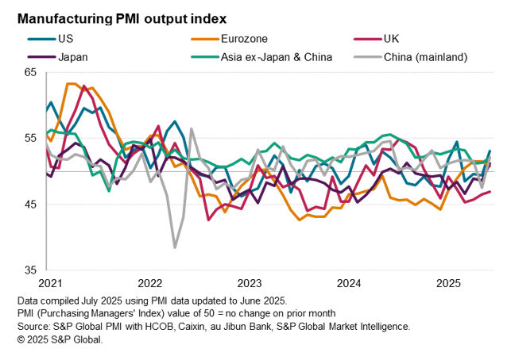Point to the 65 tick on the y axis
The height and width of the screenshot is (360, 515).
(x=31, y=72)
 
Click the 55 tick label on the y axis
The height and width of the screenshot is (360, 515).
(x=31, y=139)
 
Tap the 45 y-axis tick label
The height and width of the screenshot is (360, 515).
(x=31, y=205)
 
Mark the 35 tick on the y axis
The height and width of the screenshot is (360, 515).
(x=31, y=270)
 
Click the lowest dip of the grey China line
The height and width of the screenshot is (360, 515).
(x=175, y=247)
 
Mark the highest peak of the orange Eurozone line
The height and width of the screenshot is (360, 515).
(x=70, y=83)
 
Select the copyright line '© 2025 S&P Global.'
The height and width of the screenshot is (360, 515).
(x=60, y=339)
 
